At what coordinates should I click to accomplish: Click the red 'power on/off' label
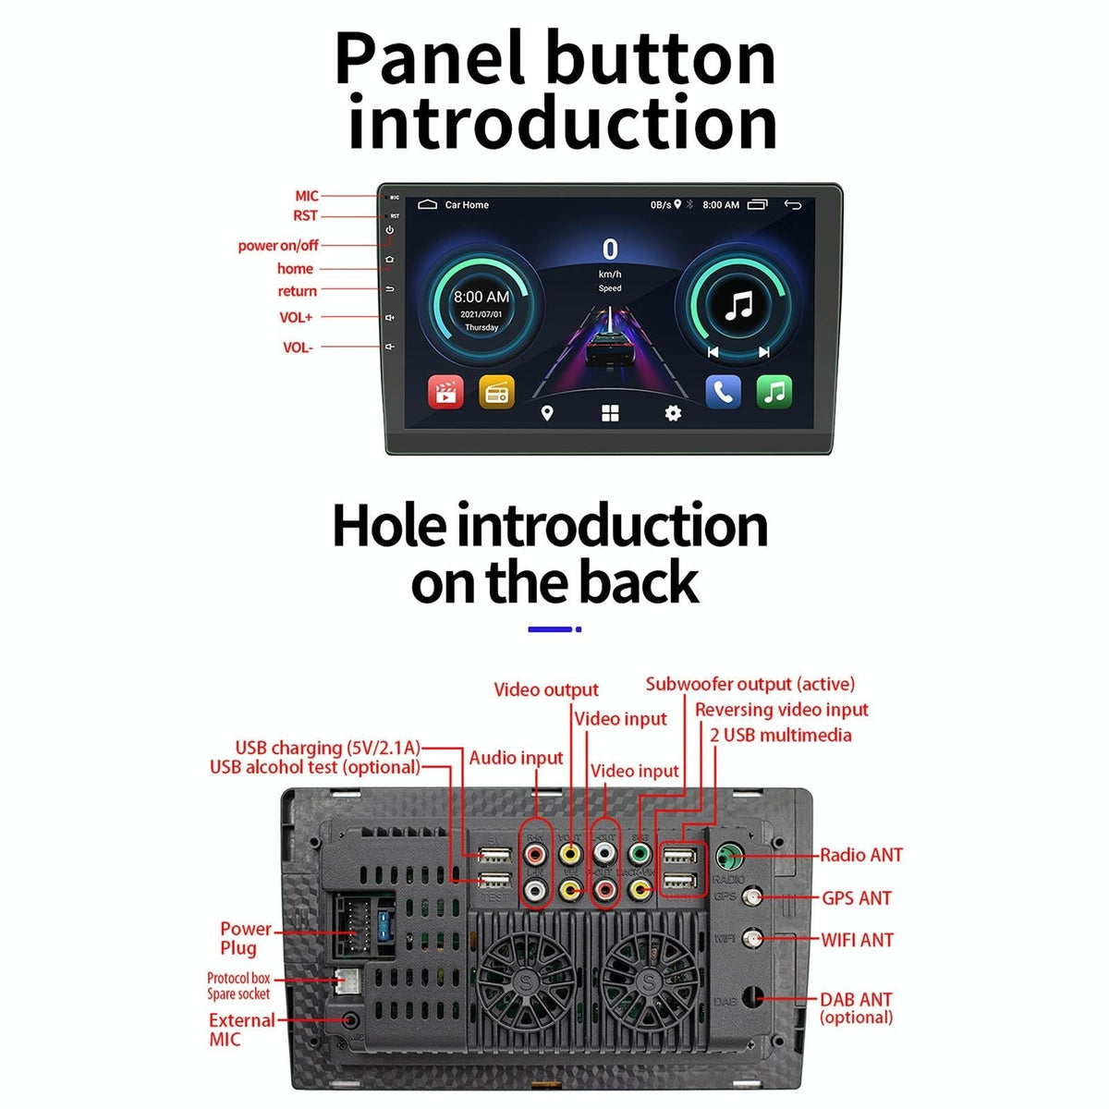pyautogui.click(x=277, y=246)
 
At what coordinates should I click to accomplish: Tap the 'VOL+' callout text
pyautogui.click(x=296, y=317)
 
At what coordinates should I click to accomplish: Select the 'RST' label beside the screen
pyautogui.click(x=305, y=215)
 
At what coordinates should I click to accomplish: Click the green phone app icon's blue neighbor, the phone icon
pyautogui.click(x=723, y=392)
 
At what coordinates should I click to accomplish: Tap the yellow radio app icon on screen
pyautogui.click(x=496, y=392)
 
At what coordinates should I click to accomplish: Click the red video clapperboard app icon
pyautogui.click(x=445, y=392)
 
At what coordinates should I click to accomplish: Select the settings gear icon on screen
pyautogui.click(x=673, y=413)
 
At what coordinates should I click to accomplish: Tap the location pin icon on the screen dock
pyautogui.click(x=547, y=413)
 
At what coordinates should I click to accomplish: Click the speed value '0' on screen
pyautogui.click(x=610, y=250)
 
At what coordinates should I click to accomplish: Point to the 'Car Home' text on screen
pyautogui.click(x=467, y=205)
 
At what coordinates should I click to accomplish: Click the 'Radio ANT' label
pyautogui.click(x=860, y=855)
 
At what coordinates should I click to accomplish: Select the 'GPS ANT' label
pyautogui.click(x=857, y=897)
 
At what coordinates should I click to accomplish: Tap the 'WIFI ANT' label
pyautogui.click(x=857, y=940)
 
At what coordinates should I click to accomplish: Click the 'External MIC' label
pyautogui.click(x=240, y=1030)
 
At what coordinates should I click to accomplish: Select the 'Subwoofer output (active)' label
pyautogui.click(x=749, y=684)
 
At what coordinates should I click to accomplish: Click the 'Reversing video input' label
pyautogui.click(x=781, y=710)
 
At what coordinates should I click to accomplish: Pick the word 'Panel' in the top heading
pyautogui.click(x=433, y=59)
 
